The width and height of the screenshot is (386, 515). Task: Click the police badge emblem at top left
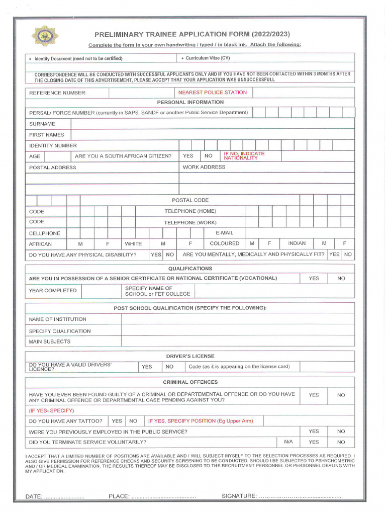tap(45, 36)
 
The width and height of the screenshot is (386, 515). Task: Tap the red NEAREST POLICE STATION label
tap(212, 93)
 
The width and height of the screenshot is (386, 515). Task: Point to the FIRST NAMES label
tap(47, 135)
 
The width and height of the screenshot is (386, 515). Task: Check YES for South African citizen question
tap(188, 156)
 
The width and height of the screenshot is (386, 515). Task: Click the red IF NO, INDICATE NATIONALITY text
tap(244, 155)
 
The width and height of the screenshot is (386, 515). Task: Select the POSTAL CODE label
tap(190, 200)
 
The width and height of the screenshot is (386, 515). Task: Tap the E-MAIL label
tap(224, 233)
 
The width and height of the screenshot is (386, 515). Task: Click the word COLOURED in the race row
tap(224, 243)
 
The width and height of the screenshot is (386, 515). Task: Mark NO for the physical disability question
tap(170, 254)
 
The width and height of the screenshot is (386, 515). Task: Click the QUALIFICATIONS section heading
tap(190, 269)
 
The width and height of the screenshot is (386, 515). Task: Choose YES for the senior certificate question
tap(314, 278)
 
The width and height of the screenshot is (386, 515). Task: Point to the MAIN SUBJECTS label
tap(50, 341)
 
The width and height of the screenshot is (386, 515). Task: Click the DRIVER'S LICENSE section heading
tap(190, 356)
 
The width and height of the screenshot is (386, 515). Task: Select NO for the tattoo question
tap(133, 421)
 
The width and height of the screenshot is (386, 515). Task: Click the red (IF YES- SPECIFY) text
tap(51, 410)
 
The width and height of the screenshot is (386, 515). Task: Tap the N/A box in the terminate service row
tap(288, 442)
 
